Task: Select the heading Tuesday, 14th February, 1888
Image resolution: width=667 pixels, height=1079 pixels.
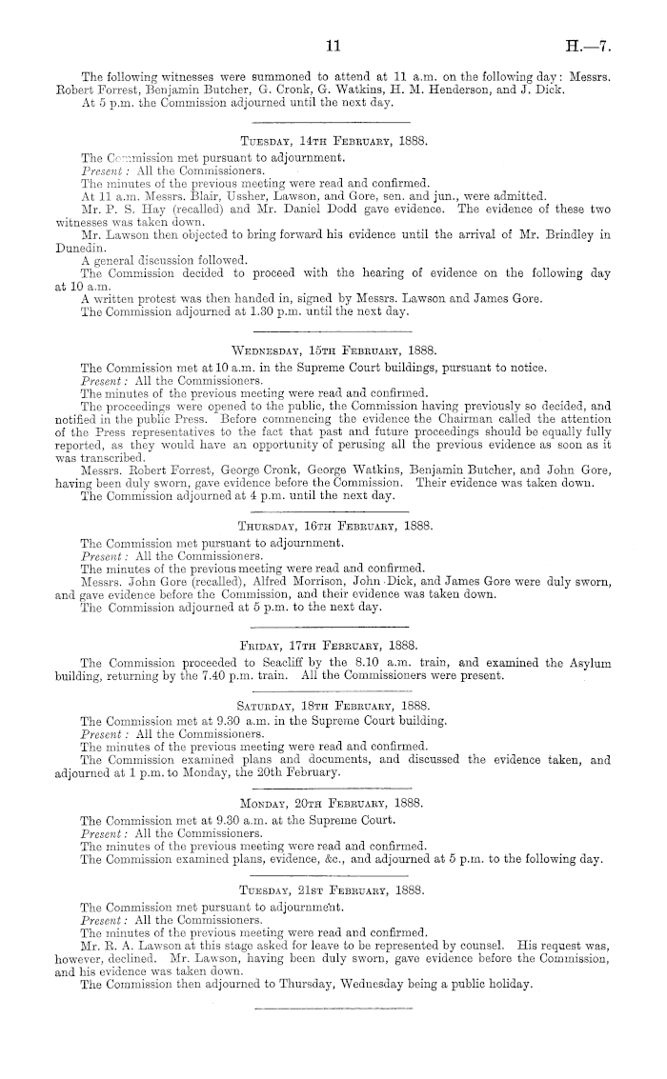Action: tap(333, 141)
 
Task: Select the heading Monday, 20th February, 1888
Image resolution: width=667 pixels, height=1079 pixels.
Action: tap(333, 804)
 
